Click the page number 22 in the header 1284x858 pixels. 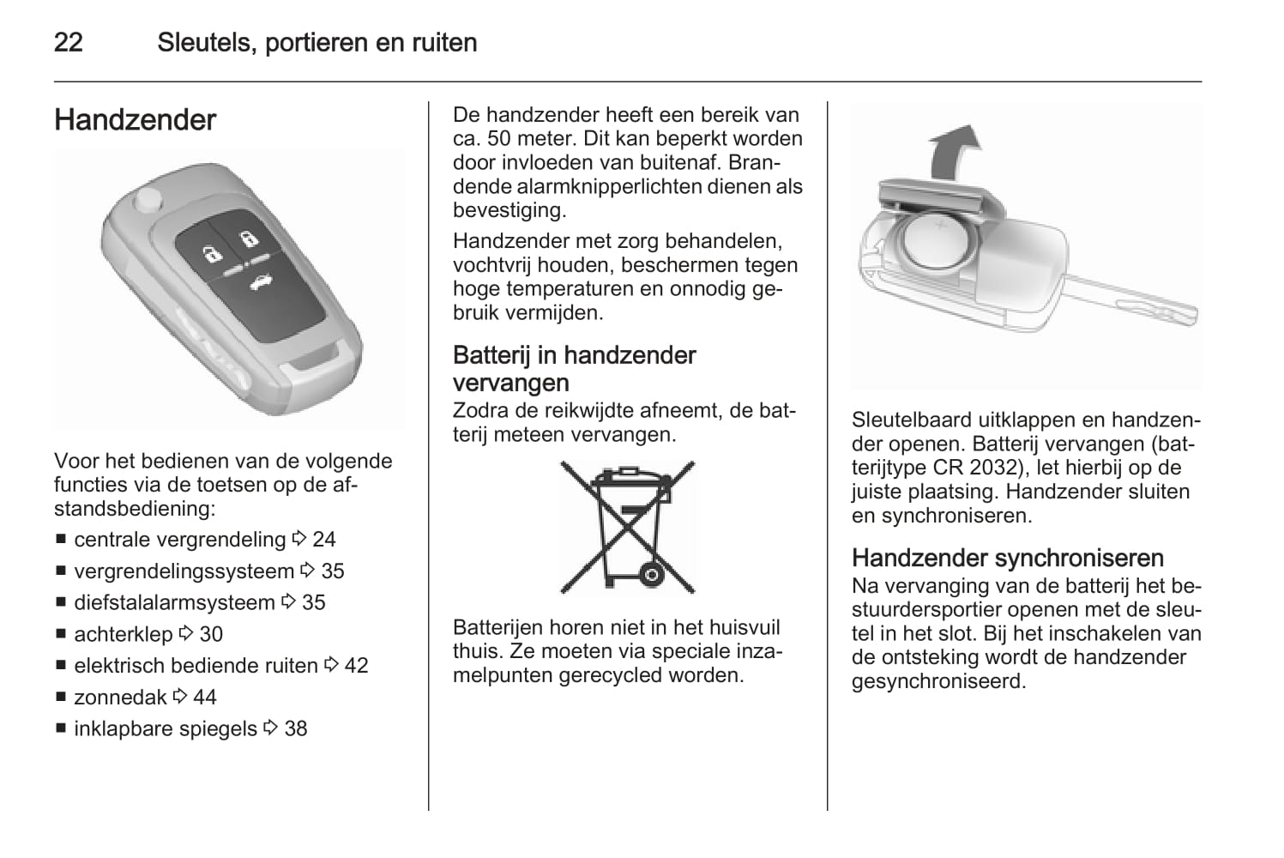(x=69, y=42)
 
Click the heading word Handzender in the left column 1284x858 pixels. (x=135, y=119)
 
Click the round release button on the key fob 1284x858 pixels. (x=148, y=200)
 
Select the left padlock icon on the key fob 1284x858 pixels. (x=210, y=253)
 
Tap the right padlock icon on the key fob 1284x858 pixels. (x=247, y=239)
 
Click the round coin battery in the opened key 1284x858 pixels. (x=938, y=244)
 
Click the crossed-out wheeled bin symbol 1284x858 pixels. (x=628, y=527)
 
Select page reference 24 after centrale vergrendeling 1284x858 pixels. (x=323, y=539)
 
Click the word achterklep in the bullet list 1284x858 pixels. (x=124, y=634)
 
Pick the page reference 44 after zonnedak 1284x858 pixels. (x=204, y=697)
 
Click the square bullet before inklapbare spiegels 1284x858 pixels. (x=61, y=728)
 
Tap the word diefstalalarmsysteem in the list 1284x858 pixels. (x=174, y=602)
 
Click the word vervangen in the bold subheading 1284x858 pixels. (x=510, y=382)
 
